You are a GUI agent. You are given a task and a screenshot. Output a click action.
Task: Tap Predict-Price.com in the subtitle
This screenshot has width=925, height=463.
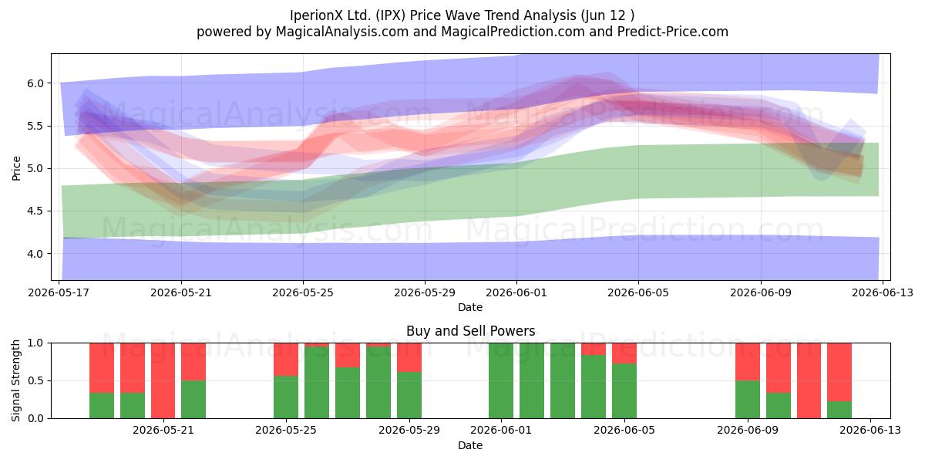pyautogui.click(x=673, y=32)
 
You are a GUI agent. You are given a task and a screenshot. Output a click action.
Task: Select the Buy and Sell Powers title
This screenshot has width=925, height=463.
pyautogui.click(x=470, y=331)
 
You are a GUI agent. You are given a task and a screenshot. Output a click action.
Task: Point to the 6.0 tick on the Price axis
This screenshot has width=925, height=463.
pyautogui.click(x=35, y=83)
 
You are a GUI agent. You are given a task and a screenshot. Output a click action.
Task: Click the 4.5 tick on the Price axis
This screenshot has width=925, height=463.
pyautogui.click(x=35, y=211)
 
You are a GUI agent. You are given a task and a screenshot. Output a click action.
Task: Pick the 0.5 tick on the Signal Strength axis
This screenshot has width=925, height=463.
pyautogui.click(x=35, y=380)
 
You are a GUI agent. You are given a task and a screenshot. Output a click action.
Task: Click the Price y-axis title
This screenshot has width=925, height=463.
pyautogui.click(x=16, y=168)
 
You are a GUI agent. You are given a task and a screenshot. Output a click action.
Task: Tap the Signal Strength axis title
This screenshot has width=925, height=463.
pyautogui.click(x=15, y=380)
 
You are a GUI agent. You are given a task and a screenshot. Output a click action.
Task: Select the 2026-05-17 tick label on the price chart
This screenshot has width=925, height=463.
pyautogui.click(x=59, y=292)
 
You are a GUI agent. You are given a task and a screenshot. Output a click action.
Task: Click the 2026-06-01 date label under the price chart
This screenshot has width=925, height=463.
pyautogui.click(x=516, y=292)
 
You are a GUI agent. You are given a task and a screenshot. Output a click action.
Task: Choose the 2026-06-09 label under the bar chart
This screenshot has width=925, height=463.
pyautogui.click(x=748, y=430)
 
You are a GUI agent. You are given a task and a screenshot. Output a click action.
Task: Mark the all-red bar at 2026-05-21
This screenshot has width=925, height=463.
pyautogui.click(x=163, y=380)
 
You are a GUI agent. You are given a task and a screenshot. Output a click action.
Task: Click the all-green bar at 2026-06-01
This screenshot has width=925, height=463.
pyautogui.click(x=501, y=380)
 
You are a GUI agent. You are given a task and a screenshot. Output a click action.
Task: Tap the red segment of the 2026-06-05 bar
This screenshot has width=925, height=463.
pyautogui.click(x=624, y=353)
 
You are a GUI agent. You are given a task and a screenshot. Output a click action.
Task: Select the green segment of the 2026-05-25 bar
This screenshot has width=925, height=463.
pyautogui.click(x=286, y=397)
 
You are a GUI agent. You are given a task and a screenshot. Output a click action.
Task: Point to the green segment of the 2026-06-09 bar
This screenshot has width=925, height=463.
pyautogui.click(x=748, y=400)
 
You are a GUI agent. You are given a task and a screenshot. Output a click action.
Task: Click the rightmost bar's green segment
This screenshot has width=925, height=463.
pyautogui.click(x=839, y=410)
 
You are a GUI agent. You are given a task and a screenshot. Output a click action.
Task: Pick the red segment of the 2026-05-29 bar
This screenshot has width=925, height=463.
pyautogui.click(x=409, y=357)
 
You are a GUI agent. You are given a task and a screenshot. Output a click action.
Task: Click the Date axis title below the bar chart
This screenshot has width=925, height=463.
pyautogui.click(x=470, y=445)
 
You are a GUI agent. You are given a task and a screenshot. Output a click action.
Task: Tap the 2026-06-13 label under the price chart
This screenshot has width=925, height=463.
pyautogui.click(x=883, y=292)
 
